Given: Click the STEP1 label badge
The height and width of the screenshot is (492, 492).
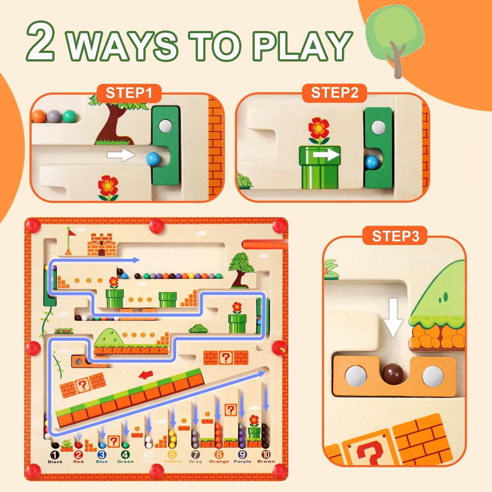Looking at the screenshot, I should pos(129,93).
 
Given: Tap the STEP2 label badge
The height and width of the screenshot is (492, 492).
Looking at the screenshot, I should pos(334,93).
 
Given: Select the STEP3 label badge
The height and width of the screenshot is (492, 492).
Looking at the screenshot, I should pos(395,236).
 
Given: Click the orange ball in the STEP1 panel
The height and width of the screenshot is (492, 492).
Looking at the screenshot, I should pos(41,116).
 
